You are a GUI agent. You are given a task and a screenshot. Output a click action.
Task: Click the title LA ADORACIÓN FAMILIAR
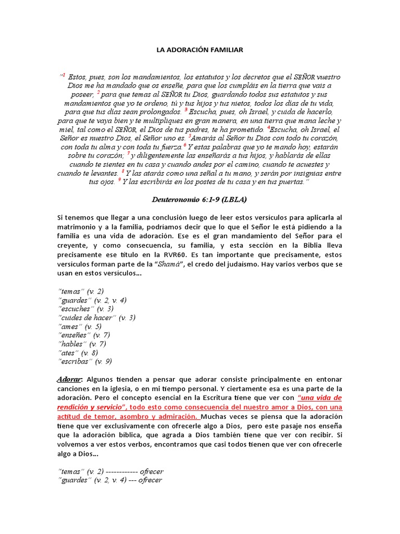200,50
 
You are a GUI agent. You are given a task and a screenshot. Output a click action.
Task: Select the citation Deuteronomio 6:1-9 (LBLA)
200,199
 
